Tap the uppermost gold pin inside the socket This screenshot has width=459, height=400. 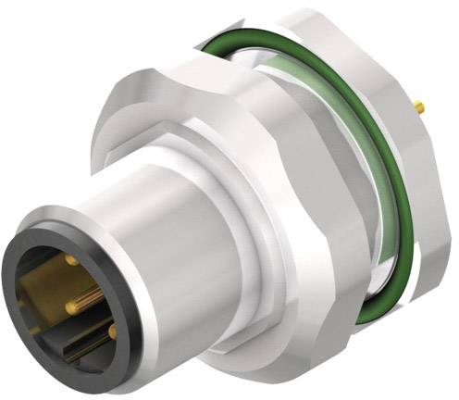pos(72,262)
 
